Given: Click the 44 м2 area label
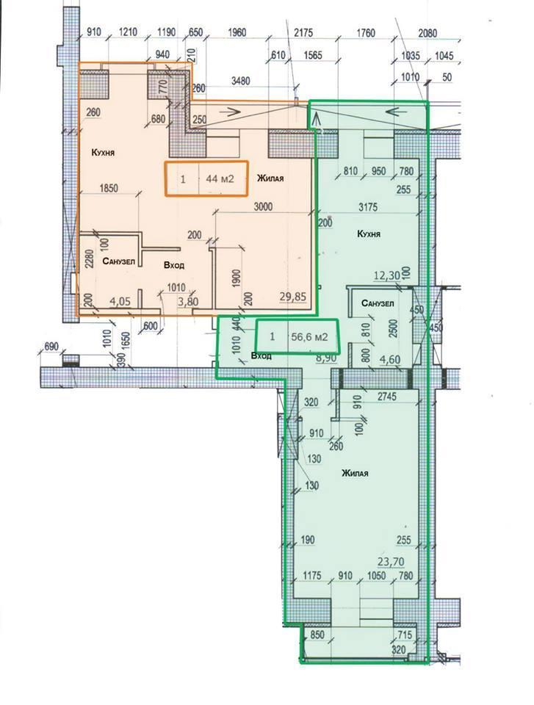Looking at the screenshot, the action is (220, 178).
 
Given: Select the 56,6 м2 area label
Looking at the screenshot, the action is (309, 337).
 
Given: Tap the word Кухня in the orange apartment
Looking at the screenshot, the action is (103, 153).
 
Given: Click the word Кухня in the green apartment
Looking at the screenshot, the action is (369, 234).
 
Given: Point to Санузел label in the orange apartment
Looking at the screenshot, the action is (118, 261).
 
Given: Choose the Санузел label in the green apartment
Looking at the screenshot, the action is (378, 303).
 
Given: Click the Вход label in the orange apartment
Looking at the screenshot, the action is (173, 265).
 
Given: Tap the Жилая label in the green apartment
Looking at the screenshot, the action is (355, 473).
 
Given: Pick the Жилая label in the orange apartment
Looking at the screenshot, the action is (270, 178).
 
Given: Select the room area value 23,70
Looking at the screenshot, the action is (391, 561).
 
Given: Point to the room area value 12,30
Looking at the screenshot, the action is (387, 275).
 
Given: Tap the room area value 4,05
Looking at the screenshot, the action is (120, 301).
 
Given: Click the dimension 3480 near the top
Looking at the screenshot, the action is (241, 82).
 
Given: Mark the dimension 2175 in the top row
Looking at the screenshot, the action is (303, 33).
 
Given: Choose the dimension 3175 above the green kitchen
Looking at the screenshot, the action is (367, 207).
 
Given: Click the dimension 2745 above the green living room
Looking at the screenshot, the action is (387, 397).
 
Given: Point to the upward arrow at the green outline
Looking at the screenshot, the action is (316, 120).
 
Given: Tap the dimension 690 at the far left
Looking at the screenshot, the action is (51, 347).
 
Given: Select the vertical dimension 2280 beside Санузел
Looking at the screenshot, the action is (89, 258).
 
